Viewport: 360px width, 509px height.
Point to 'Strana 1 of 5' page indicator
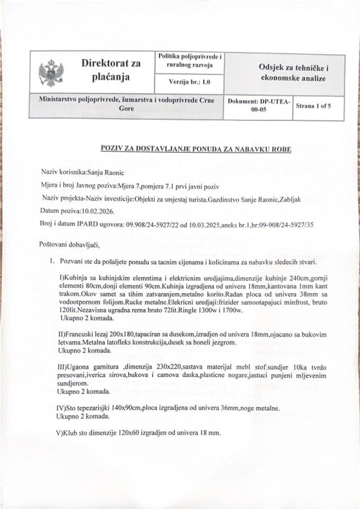313,106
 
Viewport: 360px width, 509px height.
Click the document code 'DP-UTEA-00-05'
258,106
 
